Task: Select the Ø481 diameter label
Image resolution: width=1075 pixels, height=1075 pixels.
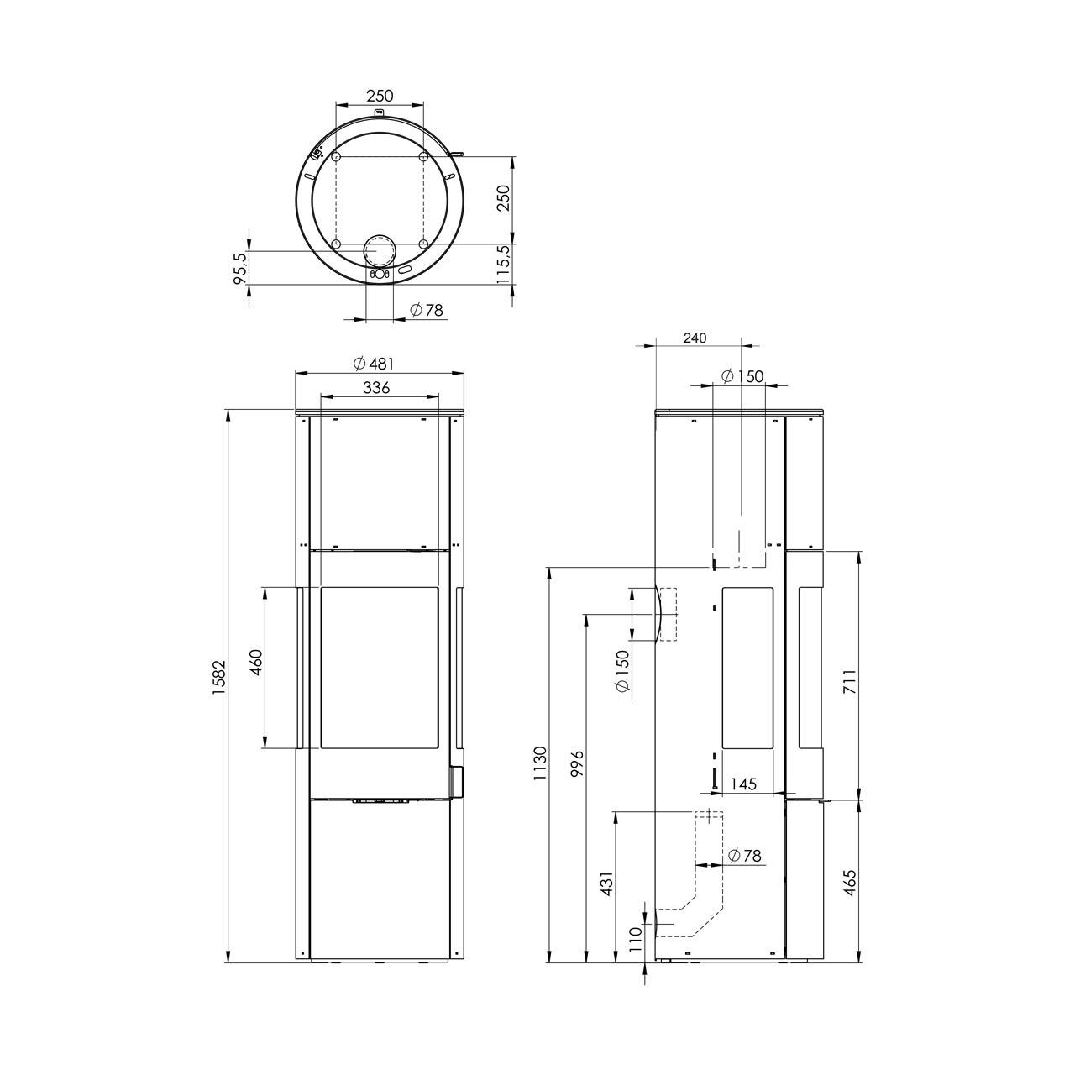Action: (x=374, y=363)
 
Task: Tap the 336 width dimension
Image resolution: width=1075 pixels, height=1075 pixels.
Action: (x=376, y=387)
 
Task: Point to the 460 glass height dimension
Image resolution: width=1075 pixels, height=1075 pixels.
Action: (x=256, y=662)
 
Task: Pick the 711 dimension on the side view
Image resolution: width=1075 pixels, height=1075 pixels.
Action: (x=850, y=680)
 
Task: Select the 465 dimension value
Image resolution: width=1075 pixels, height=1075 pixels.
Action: (x=850, y=883)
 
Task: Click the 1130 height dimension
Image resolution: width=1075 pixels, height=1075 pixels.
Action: (x=540, y=763)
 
